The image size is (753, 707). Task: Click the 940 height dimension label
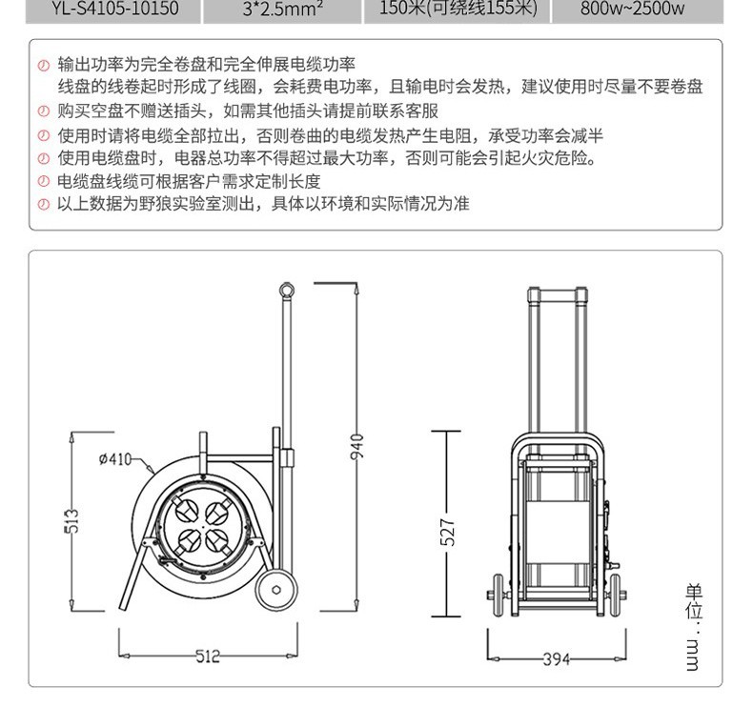click(357, 447)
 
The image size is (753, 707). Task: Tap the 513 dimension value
click(71, 521)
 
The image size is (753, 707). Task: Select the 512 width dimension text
click(208, 656)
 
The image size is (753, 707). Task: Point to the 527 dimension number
click(447, 532)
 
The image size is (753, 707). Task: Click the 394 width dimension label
click(557, 659)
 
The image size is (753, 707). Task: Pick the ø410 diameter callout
click(115, 459)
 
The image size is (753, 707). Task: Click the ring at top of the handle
click(287, 290)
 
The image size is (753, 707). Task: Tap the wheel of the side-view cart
click(276, 590)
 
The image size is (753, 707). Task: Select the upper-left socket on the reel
click(185, 510)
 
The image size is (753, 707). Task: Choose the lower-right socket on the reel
click(216, 541)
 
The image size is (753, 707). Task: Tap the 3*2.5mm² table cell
click(282, 10)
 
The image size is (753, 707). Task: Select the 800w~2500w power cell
click(637, 10)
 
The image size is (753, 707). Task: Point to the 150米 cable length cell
click(458, 10)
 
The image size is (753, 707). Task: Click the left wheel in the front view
click(498, 595)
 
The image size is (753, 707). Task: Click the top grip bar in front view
click(558, 294)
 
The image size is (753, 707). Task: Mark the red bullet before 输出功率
click(44, 66)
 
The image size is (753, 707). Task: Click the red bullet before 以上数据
click(44, 205)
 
